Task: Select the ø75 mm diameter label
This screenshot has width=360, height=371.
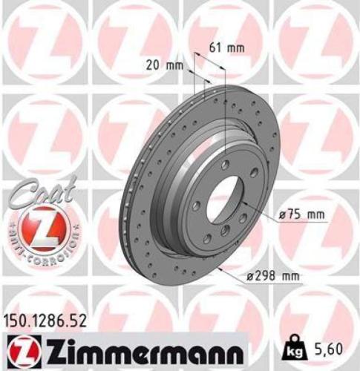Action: pos(301,214)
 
